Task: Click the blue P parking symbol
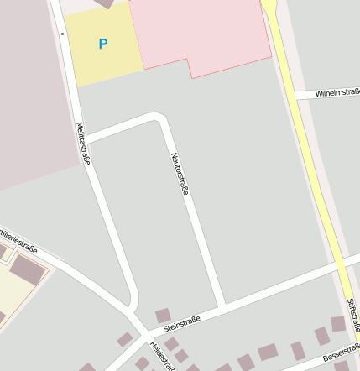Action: (103, 44)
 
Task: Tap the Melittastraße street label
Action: (82, 144)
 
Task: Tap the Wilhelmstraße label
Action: (337, 93)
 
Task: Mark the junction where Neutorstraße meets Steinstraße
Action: (222, 303)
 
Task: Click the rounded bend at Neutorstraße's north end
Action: (157, 117)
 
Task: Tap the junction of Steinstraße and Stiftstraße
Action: (347, 267)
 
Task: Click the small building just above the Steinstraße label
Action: (163, 315)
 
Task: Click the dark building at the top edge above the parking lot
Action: (104, 3)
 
